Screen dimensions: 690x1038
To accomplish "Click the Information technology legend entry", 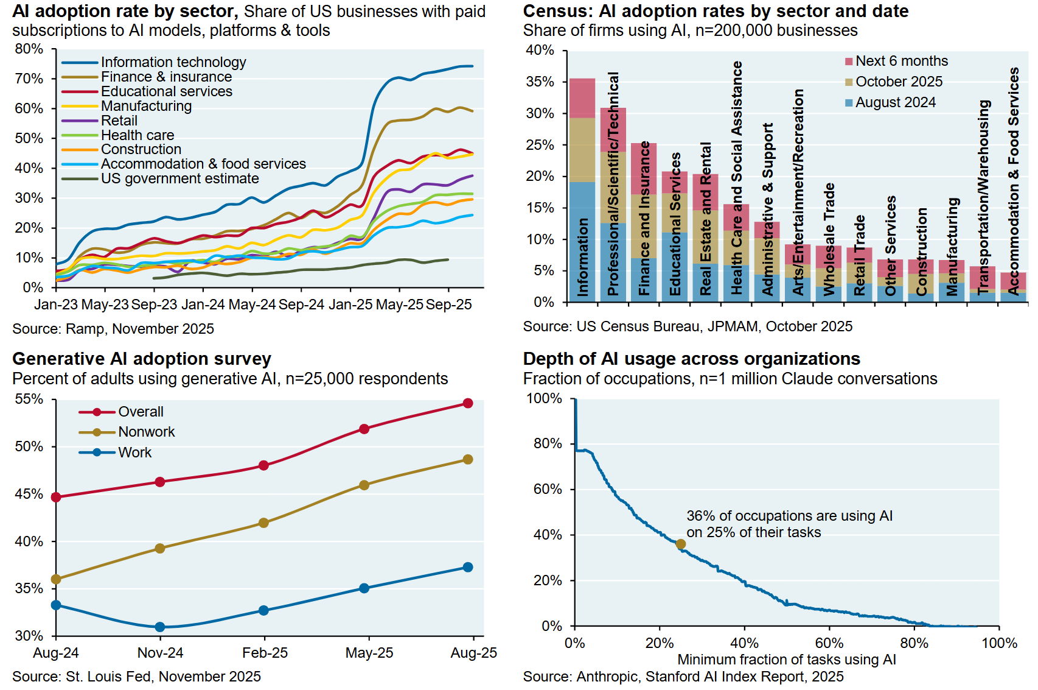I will pos(173,62).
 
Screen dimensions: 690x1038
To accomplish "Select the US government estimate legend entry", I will pos(179,178).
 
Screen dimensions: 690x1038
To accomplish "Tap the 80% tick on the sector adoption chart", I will pos(29,49).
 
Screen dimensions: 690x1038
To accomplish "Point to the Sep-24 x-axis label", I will pos(301,305).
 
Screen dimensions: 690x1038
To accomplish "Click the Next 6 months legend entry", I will pos(901,61).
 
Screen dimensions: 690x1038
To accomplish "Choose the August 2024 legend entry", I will pos(895,102).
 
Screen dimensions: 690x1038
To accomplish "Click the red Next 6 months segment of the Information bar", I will pos(582,98).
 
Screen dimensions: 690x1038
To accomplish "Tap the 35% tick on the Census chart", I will pos(540,82).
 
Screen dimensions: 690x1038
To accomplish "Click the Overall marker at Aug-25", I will pos(468,403).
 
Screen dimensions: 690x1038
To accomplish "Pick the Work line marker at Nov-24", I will pos(160,627).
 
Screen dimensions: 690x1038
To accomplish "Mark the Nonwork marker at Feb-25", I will pos(263,523).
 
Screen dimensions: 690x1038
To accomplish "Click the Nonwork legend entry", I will pos(146,432).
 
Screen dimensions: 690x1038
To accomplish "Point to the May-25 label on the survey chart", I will pos(369,653).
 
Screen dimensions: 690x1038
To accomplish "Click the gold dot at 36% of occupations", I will pos(681,544).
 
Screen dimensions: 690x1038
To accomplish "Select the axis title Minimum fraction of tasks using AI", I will pos(786,660).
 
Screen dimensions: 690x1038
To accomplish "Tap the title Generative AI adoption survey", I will pos(142,359).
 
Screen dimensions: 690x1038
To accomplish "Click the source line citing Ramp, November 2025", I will pos(113,329).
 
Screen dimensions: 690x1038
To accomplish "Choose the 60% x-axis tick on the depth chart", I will pos(829,643).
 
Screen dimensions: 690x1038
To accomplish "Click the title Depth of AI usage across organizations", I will pos(691,359).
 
